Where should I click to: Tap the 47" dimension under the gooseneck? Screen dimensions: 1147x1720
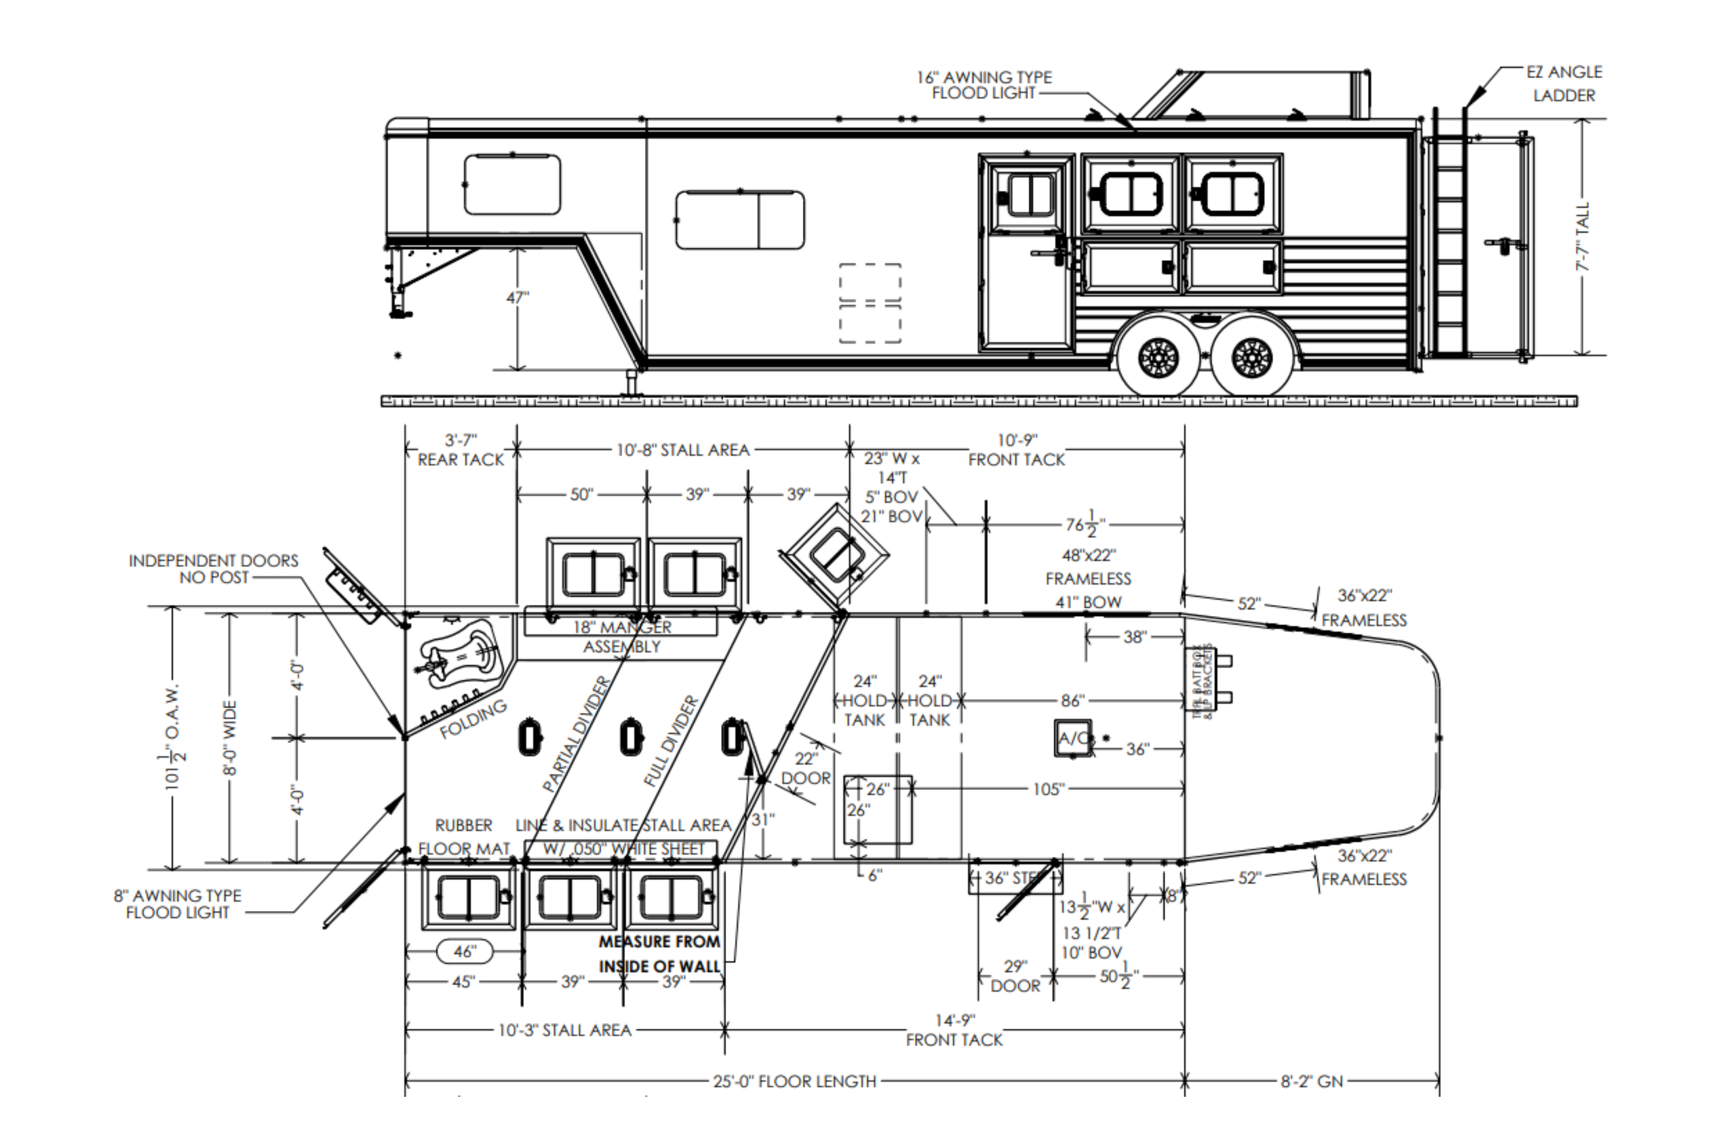pyautogui.click(x=517, y=298)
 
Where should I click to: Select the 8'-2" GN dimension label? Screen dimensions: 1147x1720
pyautogui.click(x=1312, y=1081)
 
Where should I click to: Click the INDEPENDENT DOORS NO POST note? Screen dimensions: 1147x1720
pyautogui.click(x=214, y=568)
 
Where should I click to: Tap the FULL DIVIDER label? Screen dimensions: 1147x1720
pyautogui.click(x=671, y=741)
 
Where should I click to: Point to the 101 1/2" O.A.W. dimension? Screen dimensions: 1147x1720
pyautogui.click(x=174, y=737)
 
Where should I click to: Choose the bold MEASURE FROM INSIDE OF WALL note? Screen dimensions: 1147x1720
pyautogui.click(x=659, y=954)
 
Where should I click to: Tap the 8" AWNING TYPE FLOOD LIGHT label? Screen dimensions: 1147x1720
pyautogui.click(x=178, y=904)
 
